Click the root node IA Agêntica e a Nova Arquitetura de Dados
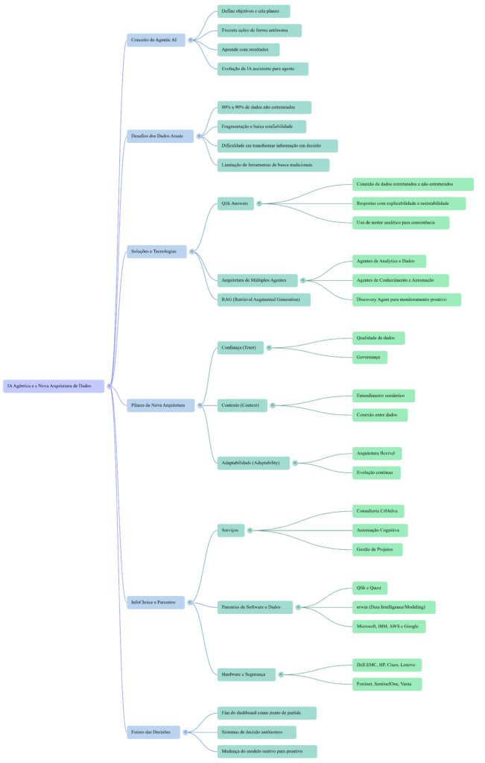[53, 386]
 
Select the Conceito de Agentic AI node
[156, 39]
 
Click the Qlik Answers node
[235, 203]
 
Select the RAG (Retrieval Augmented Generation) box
[263, 300]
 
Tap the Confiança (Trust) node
[240, 347]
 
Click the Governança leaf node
[370, 358]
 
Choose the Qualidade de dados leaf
[378, 338]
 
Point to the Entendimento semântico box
[384, 396]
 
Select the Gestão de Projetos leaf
[377, 550]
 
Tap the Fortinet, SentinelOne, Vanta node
[387, 684]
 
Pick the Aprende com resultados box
[248, 50]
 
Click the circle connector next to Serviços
[250, 531]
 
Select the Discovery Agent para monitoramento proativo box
[407, 300]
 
